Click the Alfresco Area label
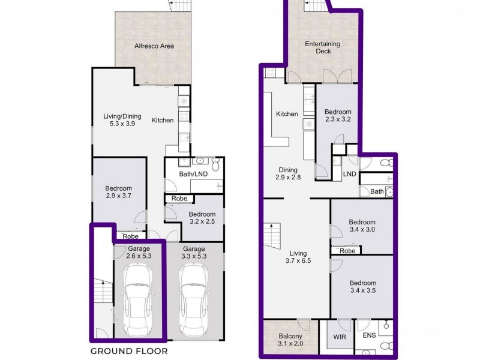(154, 46)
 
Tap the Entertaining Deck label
(322, 47)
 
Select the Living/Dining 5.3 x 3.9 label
(122, 120)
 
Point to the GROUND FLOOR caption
(129, 351)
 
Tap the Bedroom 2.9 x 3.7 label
(118, 192)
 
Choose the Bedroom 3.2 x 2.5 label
(202, 218)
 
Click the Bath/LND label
(193, 174)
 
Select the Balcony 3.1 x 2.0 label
(290, 340)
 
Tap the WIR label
(340, 337)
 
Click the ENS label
(369, 335)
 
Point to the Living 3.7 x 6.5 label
(298, 257)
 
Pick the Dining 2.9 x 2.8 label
(288, 173)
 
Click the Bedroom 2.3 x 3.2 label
(338, 115)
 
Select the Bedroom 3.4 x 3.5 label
(363, 287)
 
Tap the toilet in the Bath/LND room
(215, 164)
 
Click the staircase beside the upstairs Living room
(272, 236)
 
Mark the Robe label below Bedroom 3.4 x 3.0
(347, 251)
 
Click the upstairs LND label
(349, 174)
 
